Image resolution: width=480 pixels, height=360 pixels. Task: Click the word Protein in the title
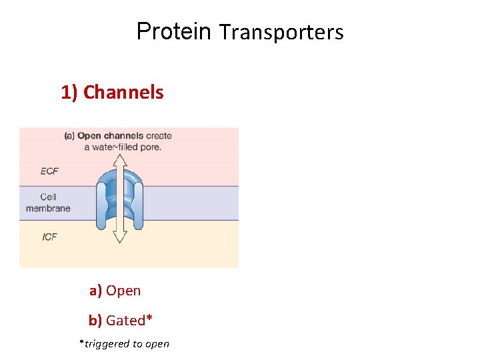coord(173,31)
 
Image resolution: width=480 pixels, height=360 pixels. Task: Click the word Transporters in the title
coord(281,32)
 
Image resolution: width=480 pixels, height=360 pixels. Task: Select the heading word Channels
coord(123,92)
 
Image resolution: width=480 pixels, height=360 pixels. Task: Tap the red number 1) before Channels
coord(70,92)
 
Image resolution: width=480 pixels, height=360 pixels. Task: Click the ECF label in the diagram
coord(49,171)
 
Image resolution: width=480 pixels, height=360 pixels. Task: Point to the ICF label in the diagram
coord(49,237)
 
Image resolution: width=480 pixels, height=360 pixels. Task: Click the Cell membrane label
coord(48,203)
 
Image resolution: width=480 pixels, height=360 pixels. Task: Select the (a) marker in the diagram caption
coord(69,136)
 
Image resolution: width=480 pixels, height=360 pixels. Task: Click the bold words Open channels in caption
coord(108,136)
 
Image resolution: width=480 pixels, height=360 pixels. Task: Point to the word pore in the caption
coord(150,147)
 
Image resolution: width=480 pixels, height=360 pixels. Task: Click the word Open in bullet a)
coord(123,291)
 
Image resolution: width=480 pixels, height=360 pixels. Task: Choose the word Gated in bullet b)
coord(125,321)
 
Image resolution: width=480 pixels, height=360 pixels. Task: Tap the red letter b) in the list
coord(95,321)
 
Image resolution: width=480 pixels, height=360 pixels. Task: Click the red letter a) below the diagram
coord(96,291)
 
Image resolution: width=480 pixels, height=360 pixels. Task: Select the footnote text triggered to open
coord(127,344)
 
